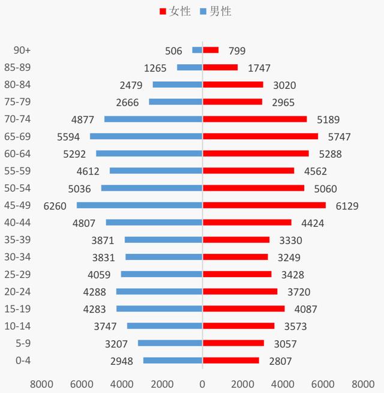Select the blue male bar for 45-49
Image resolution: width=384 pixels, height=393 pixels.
click(139, 205)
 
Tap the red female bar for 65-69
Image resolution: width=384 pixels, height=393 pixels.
click(260, 136)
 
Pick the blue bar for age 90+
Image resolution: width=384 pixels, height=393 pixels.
click(197, 50)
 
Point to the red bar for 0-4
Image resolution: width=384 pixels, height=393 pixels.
click(230, 361)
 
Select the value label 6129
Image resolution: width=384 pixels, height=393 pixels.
click(347, 206)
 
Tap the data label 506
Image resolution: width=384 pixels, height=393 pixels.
click(173, 51)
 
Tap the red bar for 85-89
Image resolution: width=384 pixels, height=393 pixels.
click(220, 68)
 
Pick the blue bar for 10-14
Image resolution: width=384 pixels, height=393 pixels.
click(164, 326)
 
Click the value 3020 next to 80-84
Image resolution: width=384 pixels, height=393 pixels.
click(284, 85)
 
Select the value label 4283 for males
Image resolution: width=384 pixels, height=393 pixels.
click(96, 309)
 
